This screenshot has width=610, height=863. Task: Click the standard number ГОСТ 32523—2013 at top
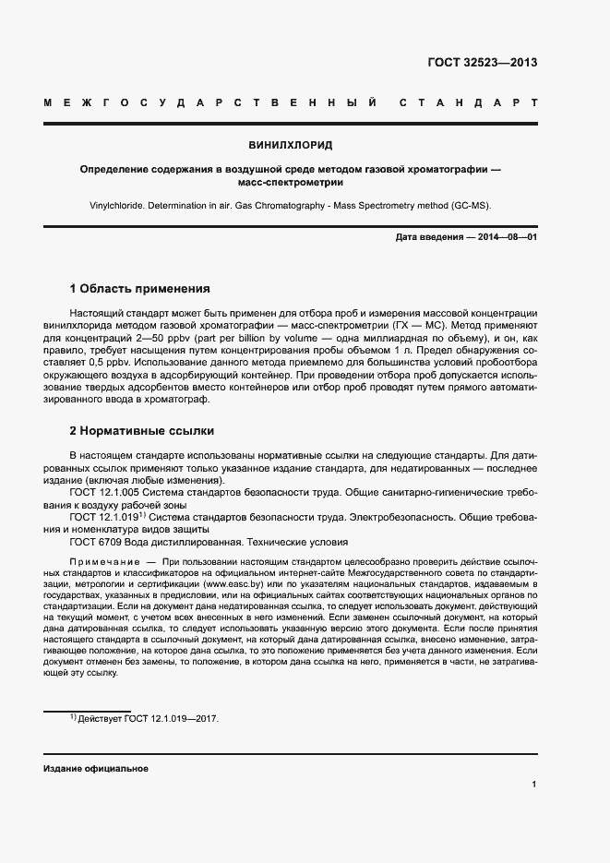[x=482, y=63]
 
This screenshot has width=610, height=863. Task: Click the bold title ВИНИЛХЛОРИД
[x=291, y=146]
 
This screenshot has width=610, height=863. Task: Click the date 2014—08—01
[x=506, y=238]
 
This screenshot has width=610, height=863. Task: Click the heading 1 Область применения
[x=140, y=288]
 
